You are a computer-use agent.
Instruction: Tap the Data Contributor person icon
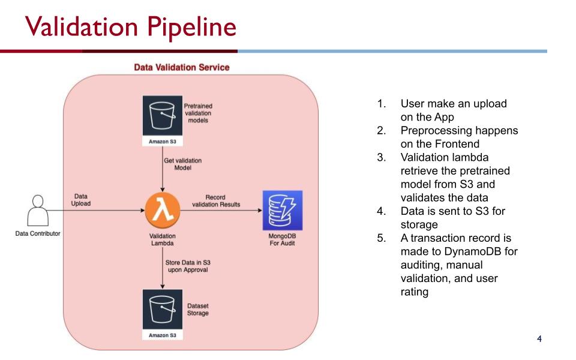tap(37, 210)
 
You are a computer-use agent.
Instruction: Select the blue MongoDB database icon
tap(282, 211)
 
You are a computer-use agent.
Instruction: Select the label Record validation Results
tap(215, 200)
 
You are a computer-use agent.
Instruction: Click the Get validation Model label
tap(182, 164)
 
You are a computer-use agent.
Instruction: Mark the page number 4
tap(539, 339)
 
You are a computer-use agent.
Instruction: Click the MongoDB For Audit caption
tap(281, 239)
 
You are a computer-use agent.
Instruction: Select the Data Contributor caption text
tap(37, 233)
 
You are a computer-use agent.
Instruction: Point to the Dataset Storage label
tap(198, 310)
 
